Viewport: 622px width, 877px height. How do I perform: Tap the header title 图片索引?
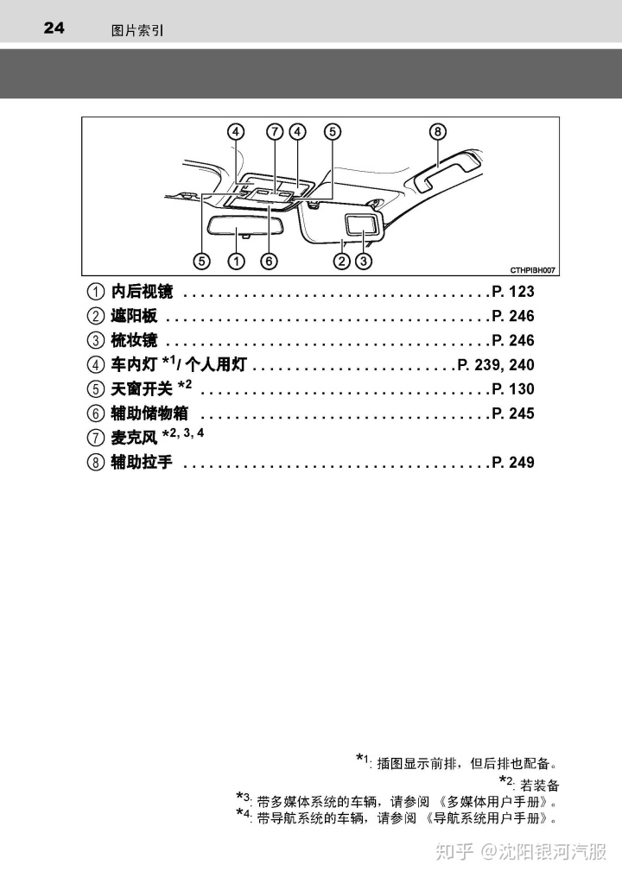pos(137,30)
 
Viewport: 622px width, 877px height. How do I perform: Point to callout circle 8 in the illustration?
pos(438,131)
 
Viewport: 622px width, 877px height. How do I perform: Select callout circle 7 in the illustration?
pos(274,131)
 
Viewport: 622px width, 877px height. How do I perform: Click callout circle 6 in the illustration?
pos(269,260)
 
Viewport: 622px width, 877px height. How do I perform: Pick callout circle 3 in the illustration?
pos(365,260)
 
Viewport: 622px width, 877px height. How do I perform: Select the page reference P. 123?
pos(513,292)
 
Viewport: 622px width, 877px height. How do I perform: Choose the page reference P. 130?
pos(513,388)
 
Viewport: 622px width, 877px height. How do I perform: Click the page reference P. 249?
pos(513,462)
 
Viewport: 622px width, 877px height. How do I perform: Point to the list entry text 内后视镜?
pos(143,292)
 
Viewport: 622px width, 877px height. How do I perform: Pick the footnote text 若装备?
pos(540,786)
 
